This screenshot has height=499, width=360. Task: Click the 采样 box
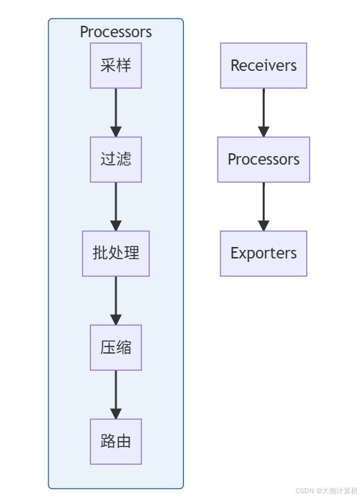pos(116,66)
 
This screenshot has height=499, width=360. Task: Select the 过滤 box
pos(116,160)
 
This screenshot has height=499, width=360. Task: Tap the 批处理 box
pos(116,253)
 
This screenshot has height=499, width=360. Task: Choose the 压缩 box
pos(116,347)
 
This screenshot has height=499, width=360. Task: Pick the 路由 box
pos(116,442)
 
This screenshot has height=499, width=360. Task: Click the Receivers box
pos(263,66)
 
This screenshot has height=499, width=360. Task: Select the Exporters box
pos(263,253)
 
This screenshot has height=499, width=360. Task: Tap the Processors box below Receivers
pos(263,160)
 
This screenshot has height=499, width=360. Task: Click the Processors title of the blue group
pos(116,32)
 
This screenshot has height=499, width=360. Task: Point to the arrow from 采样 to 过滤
pos(116,112)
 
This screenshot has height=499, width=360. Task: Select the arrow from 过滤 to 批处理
pos(116,206)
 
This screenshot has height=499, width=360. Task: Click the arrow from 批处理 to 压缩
pos(116,301)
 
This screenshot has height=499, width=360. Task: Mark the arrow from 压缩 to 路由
pos(116,394)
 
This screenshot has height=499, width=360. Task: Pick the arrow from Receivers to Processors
pos(263,112)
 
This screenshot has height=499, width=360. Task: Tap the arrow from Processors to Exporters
pos(263,206)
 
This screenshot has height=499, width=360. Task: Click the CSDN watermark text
pos(326,490)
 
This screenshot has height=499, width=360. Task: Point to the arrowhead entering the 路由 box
pos(116,414)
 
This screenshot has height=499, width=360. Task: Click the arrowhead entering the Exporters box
pos(263,226)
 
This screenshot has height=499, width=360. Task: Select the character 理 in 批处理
pos(132,253)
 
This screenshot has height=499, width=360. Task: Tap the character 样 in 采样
pos(124,65)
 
